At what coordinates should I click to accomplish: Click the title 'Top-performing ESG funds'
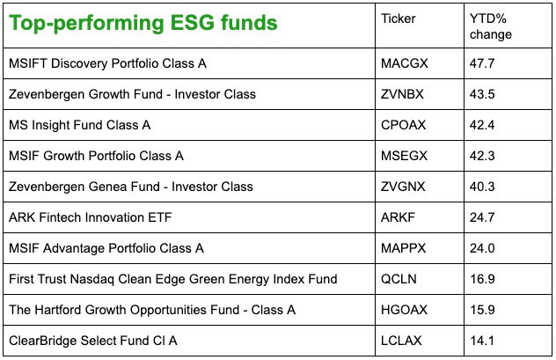pyautogui.click(x=143, y=24)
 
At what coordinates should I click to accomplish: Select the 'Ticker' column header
pyautogui.click(x=398, y=18)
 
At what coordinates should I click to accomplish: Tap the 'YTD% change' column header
pyautogui.click(x=491, y=26)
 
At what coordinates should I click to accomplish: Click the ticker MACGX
pyautogui.click(x=405, y=63)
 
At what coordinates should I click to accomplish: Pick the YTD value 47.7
pyautogui.click(x=482, y=63)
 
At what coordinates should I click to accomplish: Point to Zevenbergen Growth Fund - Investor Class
pyautogui.click(x=132, y=94)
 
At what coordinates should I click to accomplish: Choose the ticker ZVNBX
pyautogui.click(x=402, y=94)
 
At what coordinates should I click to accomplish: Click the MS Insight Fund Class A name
pyautogui.click(x=80, y=125)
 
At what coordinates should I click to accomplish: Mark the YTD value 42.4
pyautogui.click(x=482, y=125)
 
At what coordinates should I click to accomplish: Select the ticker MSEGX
pyautogui.click(x=404, y=156)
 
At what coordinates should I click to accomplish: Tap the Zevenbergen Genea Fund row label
pyautogui.click(x=131, y=187)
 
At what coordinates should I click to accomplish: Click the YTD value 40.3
pyautogui.click(x=482, y=187)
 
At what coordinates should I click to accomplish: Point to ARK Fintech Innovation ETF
pyautogui.click(x=91, y=217)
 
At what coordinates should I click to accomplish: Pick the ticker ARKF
pyautogui.click(x=398, y=217)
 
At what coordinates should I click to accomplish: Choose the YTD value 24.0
pyautogui.click(x=482, y=248)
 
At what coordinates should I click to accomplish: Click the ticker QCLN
pyautogui.click(x=399, y=279)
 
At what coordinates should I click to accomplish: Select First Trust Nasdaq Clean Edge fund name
pyautogui.click(x=173, y=279)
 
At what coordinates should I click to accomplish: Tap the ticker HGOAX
pyautogui.click(x=404, y=310)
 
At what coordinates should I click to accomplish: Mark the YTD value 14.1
pyautogui.click(x=482, y=341)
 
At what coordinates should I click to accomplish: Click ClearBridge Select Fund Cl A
pyautogui.click(x=93, y=341)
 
